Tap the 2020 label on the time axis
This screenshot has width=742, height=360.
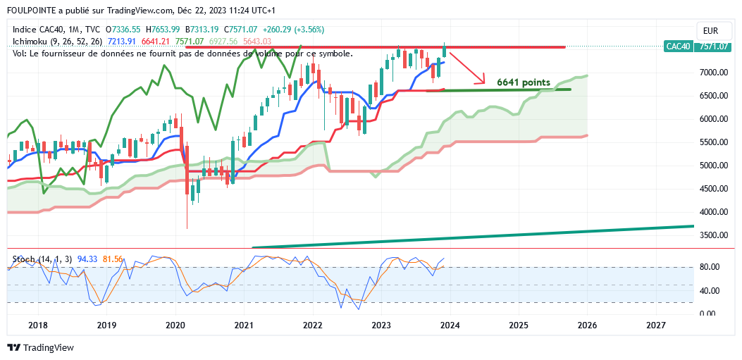(x=175, y=325)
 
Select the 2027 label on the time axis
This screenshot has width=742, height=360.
(x=655, y=325)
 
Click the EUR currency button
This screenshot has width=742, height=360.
(x=710, y=31)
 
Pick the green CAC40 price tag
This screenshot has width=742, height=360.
(x=677, y=46)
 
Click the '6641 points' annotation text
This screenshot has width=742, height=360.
(x=524, y=82)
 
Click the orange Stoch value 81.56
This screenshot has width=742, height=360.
(x=113, y=260)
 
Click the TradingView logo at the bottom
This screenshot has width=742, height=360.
(x=40, y=348)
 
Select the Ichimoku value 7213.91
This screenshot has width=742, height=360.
(x=121, y=42)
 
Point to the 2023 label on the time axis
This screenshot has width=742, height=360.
(x=381, y=325)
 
